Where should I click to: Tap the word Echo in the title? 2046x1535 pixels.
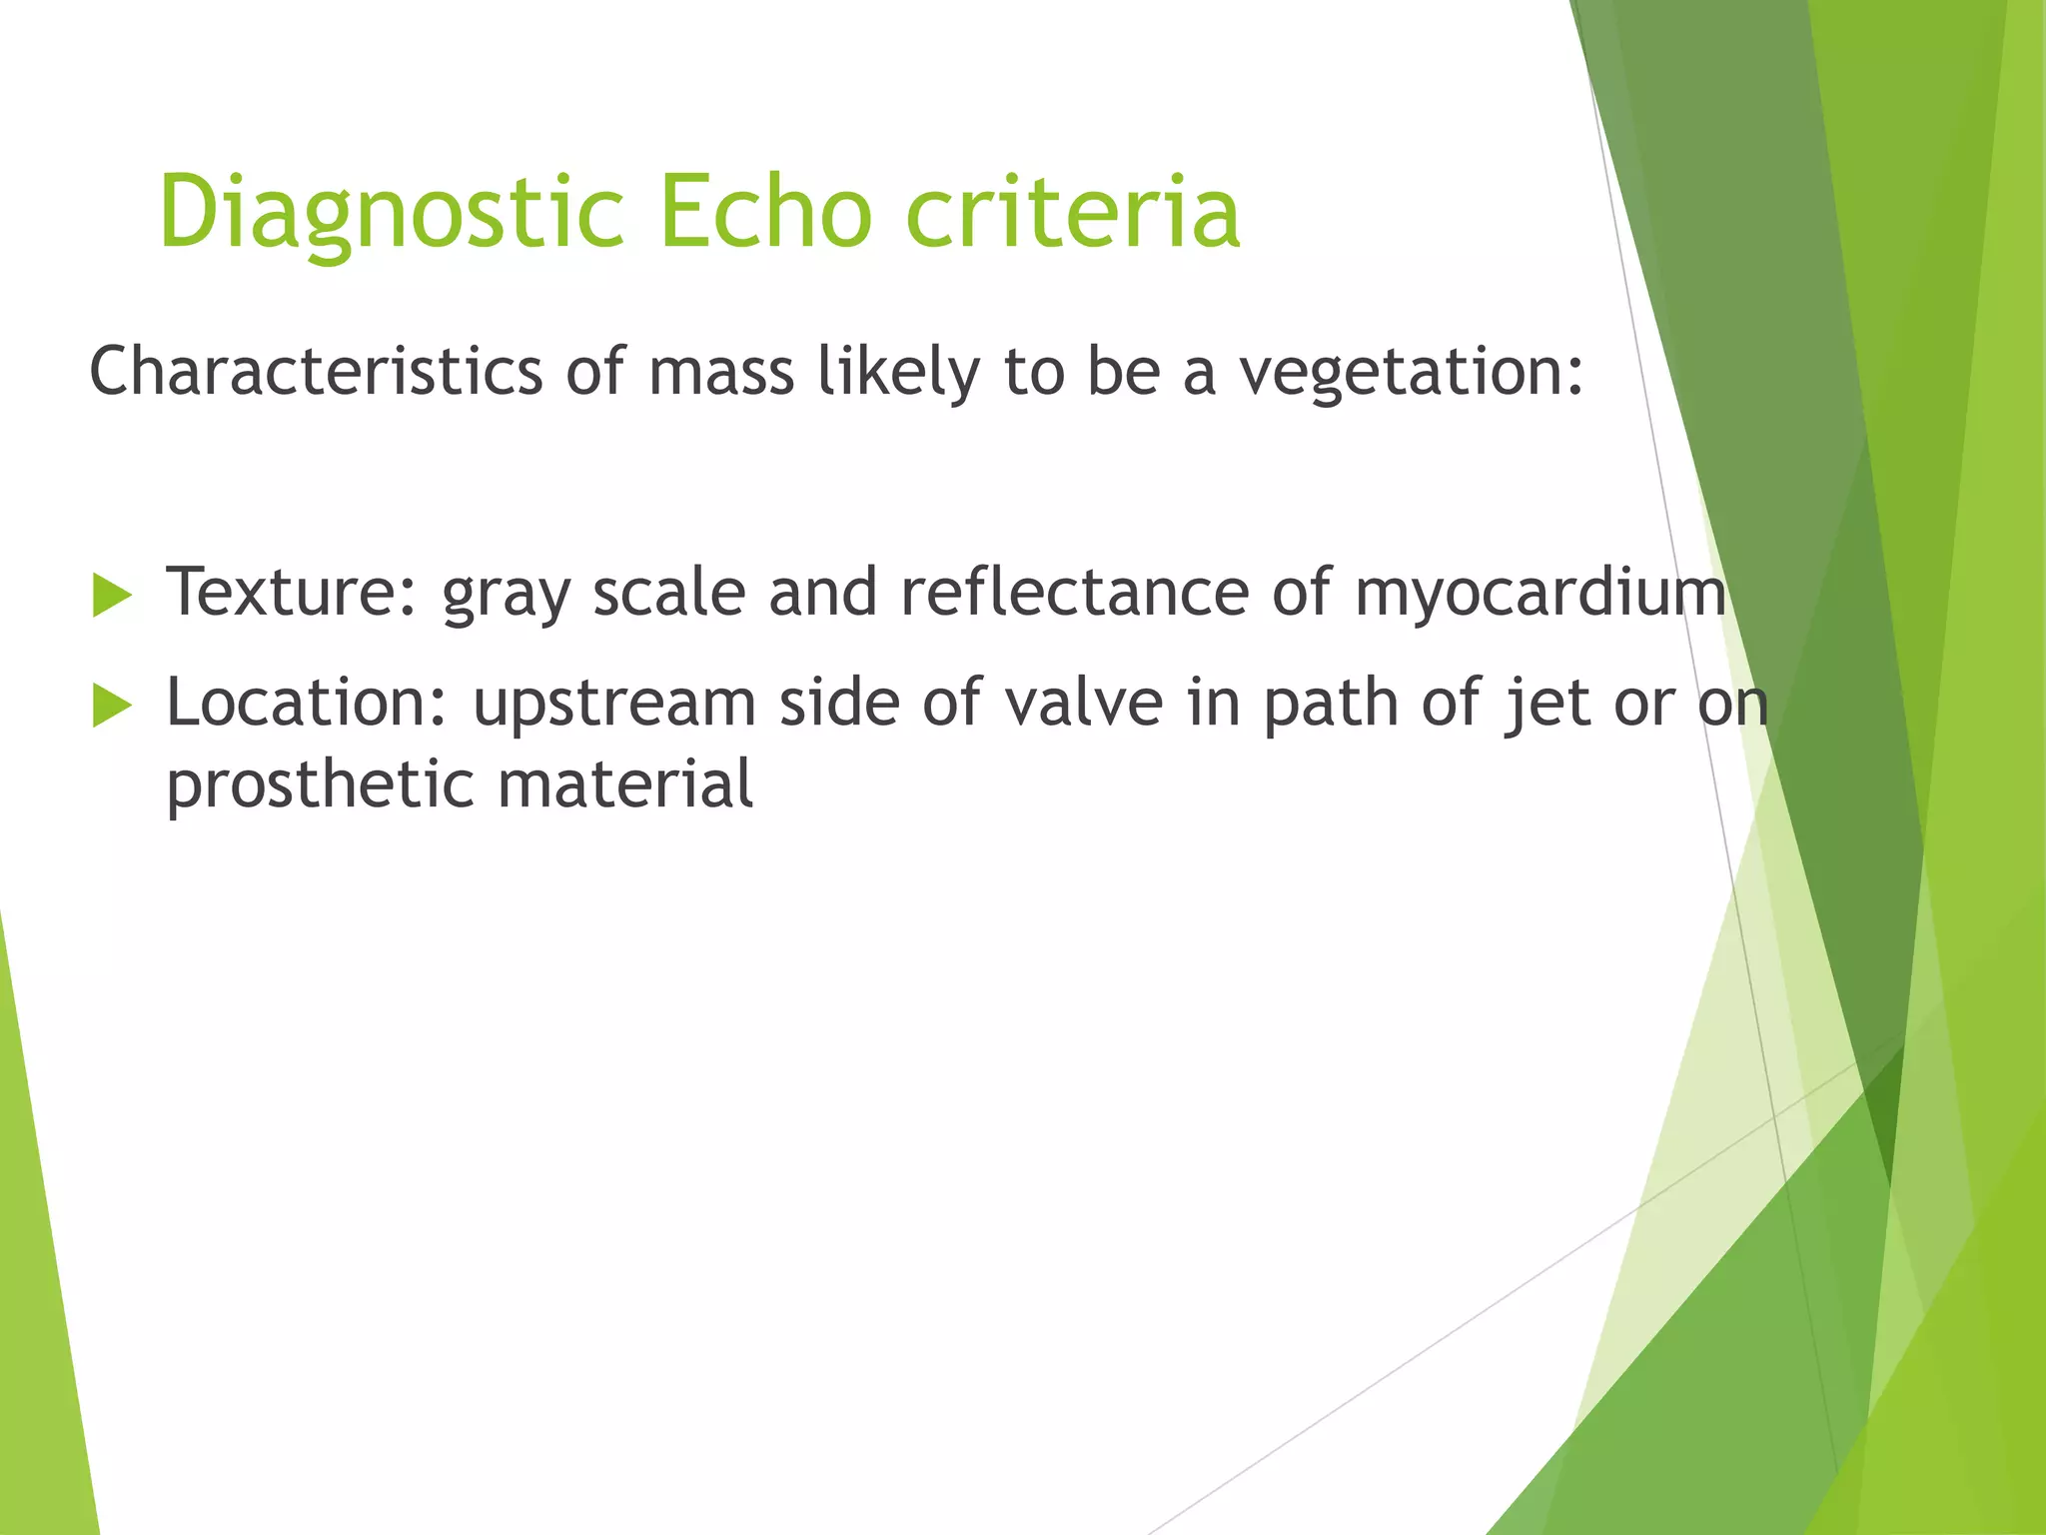coord(765,213)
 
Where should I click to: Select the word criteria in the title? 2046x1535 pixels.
coord(1073,213)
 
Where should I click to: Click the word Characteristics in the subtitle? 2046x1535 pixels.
coord(316,372)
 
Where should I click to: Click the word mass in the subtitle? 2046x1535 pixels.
coord(720,372)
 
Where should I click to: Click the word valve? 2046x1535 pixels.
coord(1084,703)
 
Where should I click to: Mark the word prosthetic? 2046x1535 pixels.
coord(320,785)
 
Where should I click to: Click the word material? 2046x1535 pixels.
coord(625,784)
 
